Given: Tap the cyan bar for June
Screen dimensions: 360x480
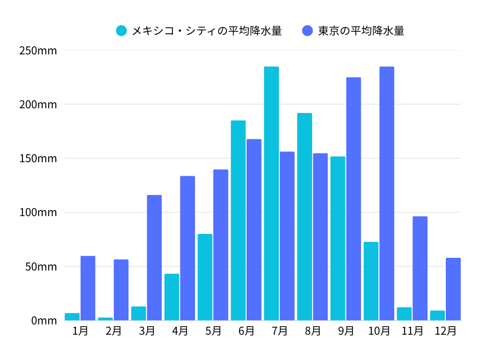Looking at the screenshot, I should pyautogui.click(x=238, y=220).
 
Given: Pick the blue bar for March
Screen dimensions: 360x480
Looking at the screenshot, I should pyautogui.click(x=154, y=258).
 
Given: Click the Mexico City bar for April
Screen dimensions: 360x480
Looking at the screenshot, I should pyautogui.click(x=172, y=297).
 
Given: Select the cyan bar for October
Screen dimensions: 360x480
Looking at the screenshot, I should pyautogui.click(x=371, y=281).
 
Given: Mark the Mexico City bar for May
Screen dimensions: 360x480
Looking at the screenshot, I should pyautogui.click(x=205, y=277).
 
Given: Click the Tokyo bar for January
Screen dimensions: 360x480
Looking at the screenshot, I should pyautogui.click(x=88, y=288).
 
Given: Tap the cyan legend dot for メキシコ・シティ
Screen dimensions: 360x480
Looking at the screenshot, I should pyautogui.click(x=121, y=31).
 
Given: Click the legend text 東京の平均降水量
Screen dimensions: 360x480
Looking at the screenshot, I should pyautogui.click(x=361, y=31).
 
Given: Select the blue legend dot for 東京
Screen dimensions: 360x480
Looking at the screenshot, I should pyautogui.click(x=307, y=31).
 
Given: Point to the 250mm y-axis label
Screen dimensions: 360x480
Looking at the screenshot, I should pyautogui.click(x=38, y=51).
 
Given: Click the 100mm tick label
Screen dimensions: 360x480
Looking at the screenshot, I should pyautogui.click(x=38, y=213).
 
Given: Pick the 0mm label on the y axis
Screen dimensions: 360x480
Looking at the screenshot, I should pyautogui.click(x=44, y=321).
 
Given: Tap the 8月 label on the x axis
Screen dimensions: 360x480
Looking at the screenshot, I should pyautogui.click(x=313, y=331).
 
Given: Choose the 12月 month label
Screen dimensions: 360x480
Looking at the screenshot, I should pyautogui.click(x=445, y=331).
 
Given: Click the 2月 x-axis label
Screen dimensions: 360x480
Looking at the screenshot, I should pyautogui.click(x=113, y=331).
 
